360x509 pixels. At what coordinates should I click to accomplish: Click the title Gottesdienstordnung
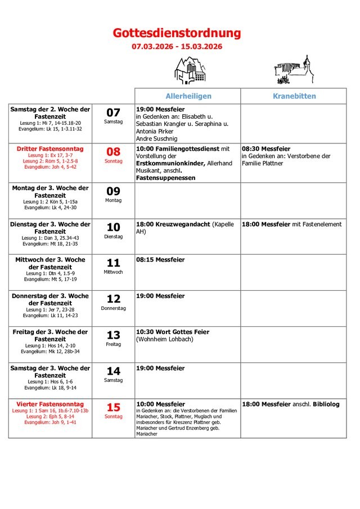tap(177, 33)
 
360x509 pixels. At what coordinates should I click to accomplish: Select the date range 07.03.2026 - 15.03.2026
tap(177, 46)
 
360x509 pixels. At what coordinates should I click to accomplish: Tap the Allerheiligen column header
tap(188, 96)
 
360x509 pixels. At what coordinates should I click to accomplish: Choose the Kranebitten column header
tap(294, 96)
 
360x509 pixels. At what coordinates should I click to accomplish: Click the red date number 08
tap(114, 152)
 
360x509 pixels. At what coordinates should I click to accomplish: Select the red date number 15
tap(114, 407)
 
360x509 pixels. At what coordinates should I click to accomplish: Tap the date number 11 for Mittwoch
tap(114, 263)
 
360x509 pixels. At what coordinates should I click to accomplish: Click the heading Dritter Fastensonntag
tap(50, 148)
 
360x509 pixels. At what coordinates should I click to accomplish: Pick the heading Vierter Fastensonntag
tap(50, 404)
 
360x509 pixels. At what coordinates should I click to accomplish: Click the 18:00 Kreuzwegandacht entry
tap(173, 224)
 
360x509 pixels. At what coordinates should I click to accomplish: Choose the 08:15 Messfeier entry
tap(160, 260)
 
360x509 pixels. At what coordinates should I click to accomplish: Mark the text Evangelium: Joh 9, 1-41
tap(50, 422)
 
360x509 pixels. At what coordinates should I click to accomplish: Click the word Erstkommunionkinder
tap(167, 163)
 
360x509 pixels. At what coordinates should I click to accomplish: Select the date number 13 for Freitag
tap(114, 335)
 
